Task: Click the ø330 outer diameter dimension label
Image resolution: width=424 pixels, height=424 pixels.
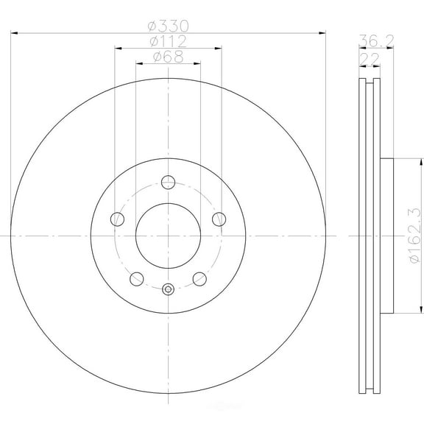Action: pyautogui.click(x=168, y=24)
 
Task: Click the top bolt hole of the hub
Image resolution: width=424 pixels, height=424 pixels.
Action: pyautogui.click(x=168, y=181)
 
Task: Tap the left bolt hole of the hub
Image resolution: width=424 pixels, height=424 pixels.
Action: pyautogui.click(x=116, y=219)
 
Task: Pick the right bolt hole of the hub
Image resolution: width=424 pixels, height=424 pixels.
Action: pyautogui.click(x=219, y=219)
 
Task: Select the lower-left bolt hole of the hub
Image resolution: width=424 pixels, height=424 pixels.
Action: pyautogui.click(x=136, y=278)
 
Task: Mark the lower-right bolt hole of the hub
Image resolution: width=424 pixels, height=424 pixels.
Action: pyautogui.click(x=199, y=278)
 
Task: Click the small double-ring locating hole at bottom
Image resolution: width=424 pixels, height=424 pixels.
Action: pyautogui.click(x=168, y=289)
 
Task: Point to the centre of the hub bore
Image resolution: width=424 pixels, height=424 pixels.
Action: pyautogui.click(x=168, y=235)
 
